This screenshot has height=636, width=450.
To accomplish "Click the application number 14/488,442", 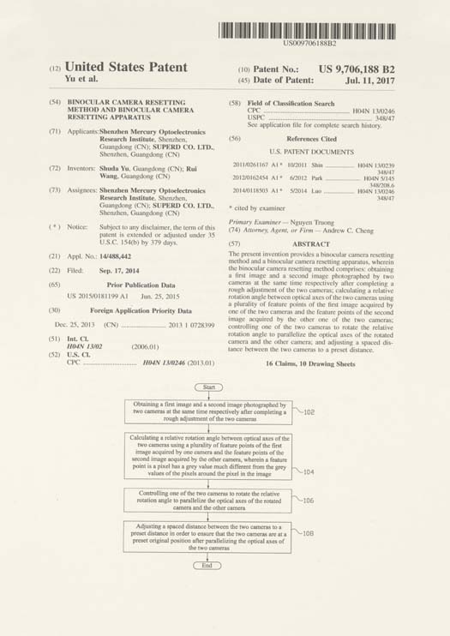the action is coord(114,256).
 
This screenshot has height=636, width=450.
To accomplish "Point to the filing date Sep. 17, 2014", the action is coord(111,270).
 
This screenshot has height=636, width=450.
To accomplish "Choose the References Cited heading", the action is coord(311,138).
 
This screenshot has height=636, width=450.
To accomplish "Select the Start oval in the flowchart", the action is coord(208,388).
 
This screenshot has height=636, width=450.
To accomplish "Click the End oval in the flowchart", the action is coord(207,565).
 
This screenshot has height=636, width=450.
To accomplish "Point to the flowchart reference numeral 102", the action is coord(309,412).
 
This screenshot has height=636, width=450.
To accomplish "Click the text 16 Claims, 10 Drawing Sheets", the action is coord(310,363).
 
